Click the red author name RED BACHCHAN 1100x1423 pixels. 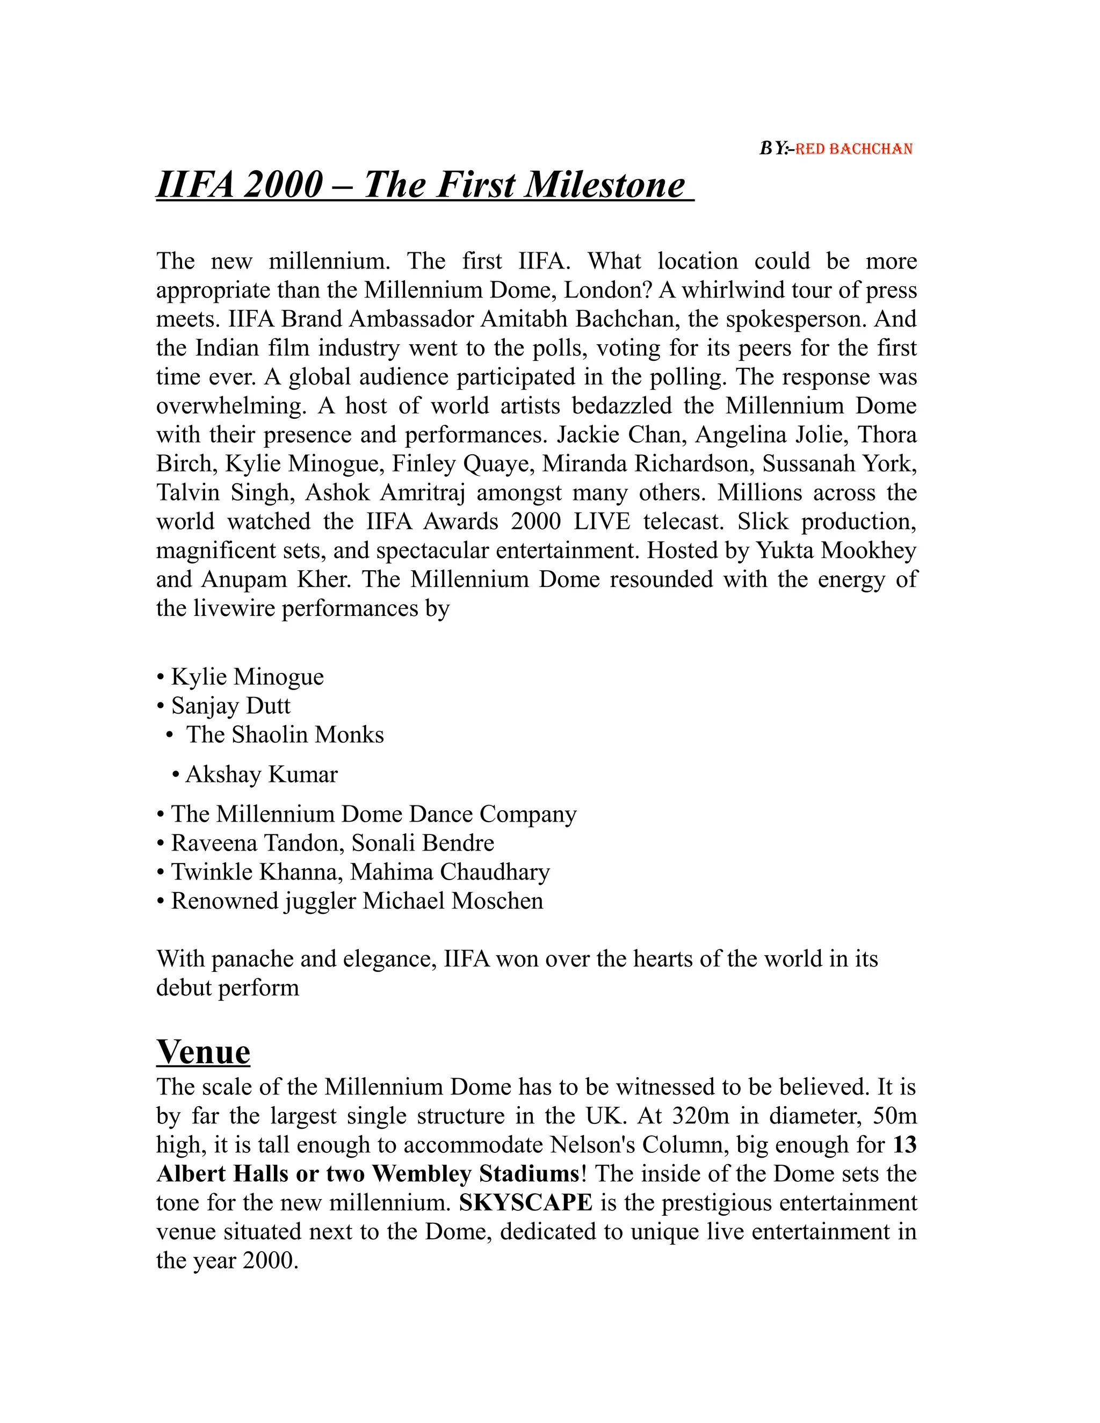click(x=853, y=149)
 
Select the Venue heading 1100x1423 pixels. click(x=204, y=1051)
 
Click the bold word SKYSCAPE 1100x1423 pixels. click(x=525, y=1202)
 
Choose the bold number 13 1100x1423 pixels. click(x=904, y=1145)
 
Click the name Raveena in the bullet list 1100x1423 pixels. click(x=214, y=843)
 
